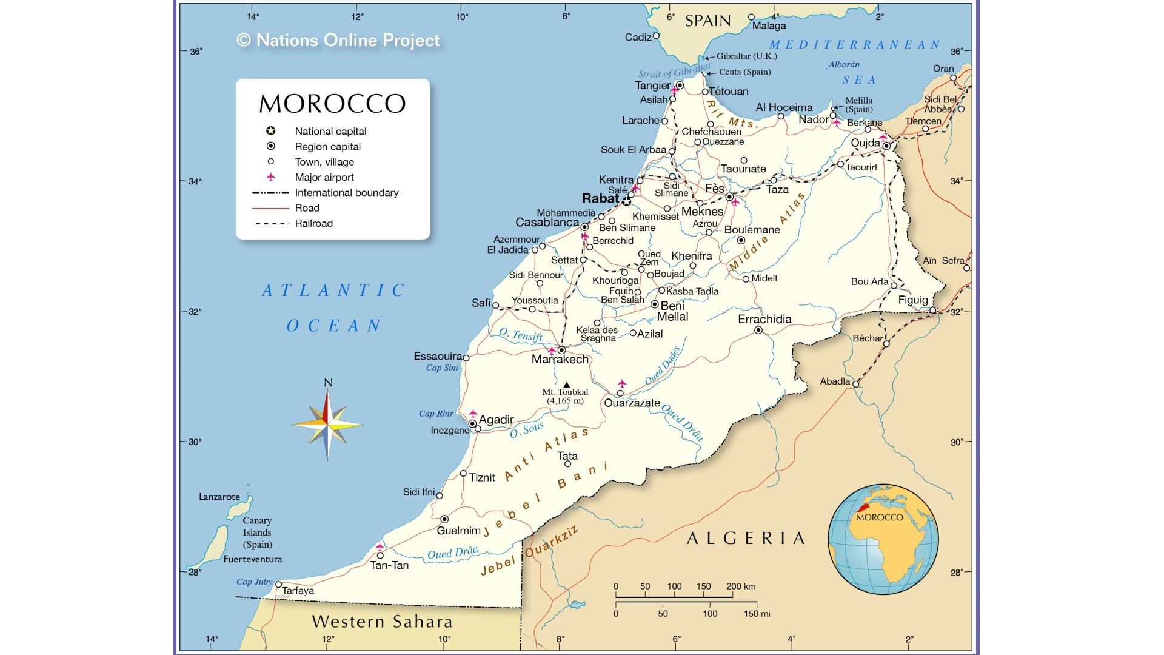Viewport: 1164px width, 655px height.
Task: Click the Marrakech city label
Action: pyautogui.click(x=560, y=360)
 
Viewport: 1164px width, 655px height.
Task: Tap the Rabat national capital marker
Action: pyautogui.click(x=626, y=201)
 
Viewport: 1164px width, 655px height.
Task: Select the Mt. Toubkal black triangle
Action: pyautogui.click(x=566, y=385)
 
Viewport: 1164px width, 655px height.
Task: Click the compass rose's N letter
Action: pyautogui.click(x=328, y=383)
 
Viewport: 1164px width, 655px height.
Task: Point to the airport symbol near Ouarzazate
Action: pyautogui.click(x=621, y=383)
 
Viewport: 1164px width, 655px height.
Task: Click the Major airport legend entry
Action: pyautogui.click(x=324, y=177)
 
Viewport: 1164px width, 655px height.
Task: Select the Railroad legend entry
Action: pyautogui.click(x=313, y=223)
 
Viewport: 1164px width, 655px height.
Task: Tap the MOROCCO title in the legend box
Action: pyautogui.click(x=332, y=104)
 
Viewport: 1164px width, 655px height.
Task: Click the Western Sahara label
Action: pyautogui.click(x=382, y=622)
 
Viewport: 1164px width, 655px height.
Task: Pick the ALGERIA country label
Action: pyautogui.click(x=746, y=539)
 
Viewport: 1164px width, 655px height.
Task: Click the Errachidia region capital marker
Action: pyautogui.click(x=758, y=330)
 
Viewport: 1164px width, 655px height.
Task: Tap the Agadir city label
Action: pyautogui.click(x=496, y=420)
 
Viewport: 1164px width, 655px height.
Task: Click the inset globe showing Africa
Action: pyautogui.click(x=883, y=539)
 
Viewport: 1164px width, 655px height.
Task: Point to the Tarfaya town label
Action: pyautogui.click(x=298, y=591)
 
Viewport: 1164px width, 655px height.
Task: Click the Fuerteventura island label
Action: pyautogui.click(x=252, y=559)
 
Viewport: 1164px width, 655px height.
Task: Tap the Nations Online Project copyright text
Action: pyautogui.click(x=338, y=40)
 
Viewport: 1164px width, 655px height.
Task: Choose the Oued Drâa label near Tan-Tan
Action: pyautogui.click(x=452, y=553)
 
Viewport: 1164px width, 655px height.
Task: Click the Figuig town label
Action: pyautogui.click(x=912, y=300)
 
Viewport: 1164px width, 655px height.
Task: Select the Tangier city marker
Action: pyautogui.click(x=680, y=86)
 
